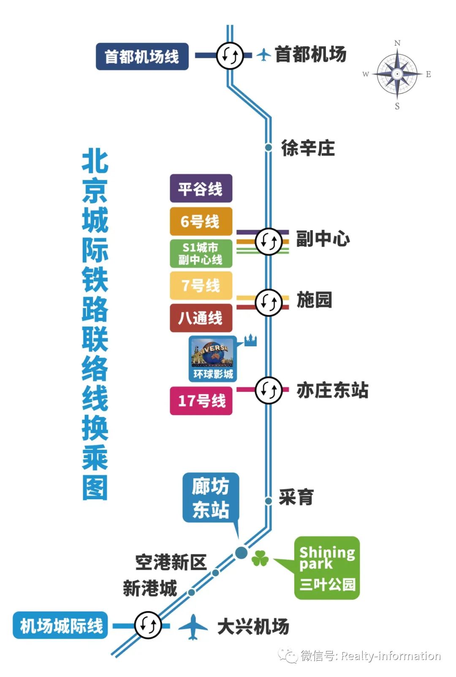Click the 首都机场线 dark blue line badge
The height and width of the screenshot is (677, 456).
(142, 56)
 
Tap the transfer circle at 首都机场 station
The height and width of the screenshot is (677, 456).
(230, 55)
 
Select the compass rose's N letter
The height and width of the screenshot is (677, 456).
(397, 43)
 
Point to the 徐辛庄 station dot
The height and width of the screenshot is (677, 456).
(268, 147)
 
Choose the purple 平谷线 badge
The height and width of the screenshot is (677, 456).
(201, 188)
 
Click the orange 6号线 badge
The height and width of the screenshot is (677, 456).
(201, 221)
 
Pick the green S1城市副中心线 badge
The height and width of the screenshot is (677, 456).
(201, 253)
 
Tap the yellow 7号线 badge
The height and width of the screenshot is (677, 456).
(201, 285)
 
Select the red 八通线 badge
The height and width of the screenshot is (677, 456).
(201, 318)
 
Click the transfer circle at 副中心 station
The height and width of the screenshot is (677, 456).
(268, 241)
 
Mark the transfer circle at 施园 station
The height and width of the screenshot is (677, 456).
(268, 302)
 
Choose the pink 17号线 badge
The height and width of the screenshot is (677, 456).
(201, 401)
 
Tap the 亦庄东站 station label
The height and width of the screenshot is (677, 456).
(332, 390)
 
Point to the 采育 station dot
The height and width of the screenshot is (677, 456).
(268, 501)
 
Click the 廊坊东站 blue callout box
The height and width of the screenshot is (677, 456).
(211, 498)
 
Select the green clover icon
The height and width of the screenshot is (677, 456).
(260, 559)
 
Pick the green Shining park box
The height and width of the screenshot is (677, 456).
(327, 568)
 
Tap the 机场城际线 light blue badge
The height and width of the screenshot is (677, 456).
(61, 625)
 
